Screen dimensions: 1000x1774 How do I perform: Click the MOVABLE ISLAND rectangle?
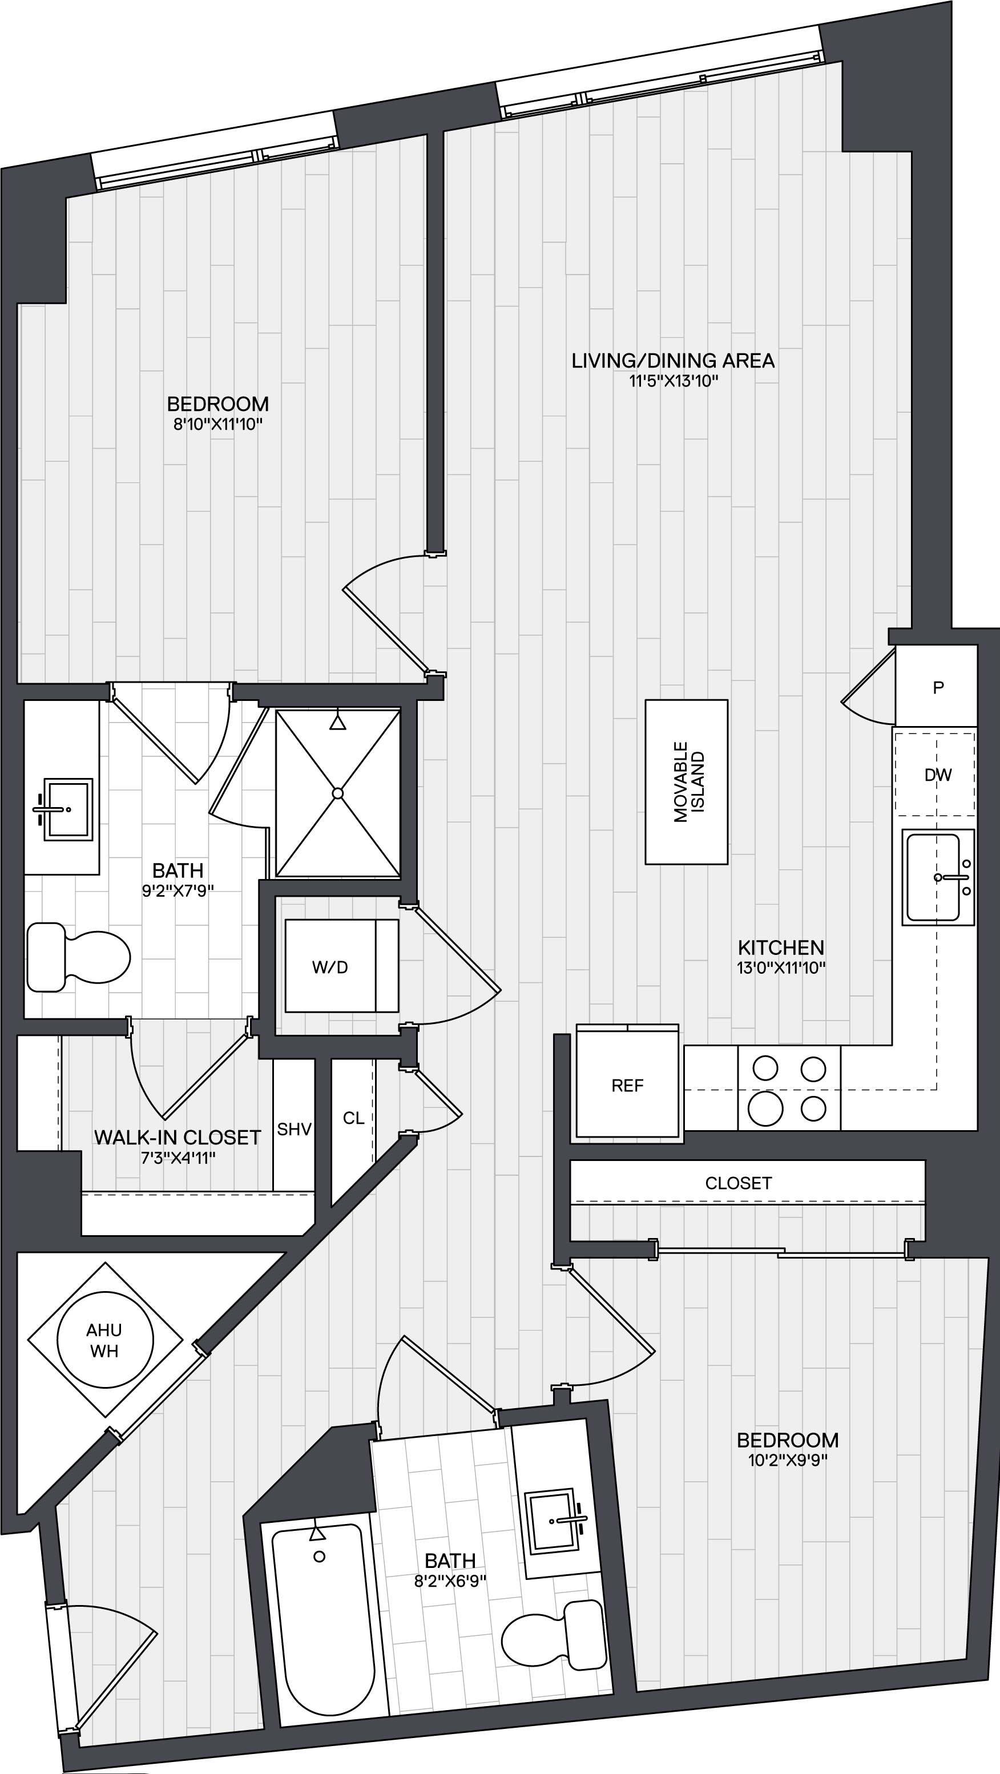(686, 781)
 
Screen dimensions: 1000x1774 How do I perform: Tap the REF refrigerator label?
(627, 1085)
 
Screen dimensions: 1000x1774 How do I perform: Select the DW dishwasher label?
(938, 775)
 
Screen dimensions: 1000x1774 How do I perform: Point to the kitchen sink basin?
(933, 877)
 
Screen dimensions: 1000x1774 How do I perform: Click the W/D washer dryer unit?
(341, 966)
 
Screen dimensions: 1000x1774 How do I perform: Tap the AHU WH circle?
(104, 1340)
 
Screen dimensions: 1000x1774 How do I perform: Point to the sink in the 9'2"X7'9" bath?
(67, 809)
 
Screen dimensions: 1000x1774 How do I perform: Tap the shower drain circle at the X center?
(337, 793)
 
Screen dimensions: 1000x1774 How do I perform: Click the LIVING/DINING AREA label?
(673, 361)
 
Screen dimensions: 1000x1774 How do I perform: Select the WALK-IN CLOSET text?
(178, 1137)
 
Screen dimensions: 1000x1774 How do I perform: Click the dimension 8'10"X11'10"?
(217, 424)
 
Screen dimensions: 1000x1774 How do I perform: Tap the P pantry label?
(938, 687)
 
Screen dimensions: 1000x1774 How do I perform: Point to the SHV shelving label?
(294, 1130)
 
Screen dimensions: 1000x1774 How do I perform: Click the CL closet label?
(353, 1118)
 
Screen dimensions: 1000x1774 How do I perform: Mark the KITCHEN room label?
(781, 947)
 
